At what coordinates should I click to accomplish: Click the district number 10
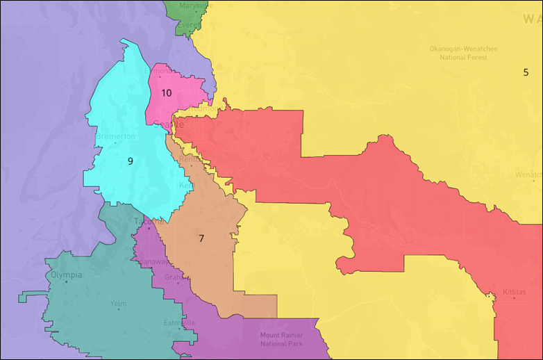point(167,92)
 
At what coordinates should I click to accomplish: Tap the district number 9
point(130,161)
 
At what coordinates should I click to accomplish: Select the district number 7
point(201,238)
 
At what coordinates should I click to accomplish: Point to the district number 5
point(526,72)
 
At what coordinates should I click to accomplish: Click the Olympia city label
point(67,275)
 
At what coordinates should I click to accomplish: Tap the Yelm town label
point(118,303)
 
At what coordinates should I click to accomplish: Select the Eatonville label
point(179,322)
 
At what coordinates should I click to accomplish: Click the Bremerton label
point(115,136)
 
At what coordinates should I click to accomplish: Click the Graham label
point(174,277)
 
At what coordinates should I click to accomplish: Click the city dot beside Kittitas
point(514,298)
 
